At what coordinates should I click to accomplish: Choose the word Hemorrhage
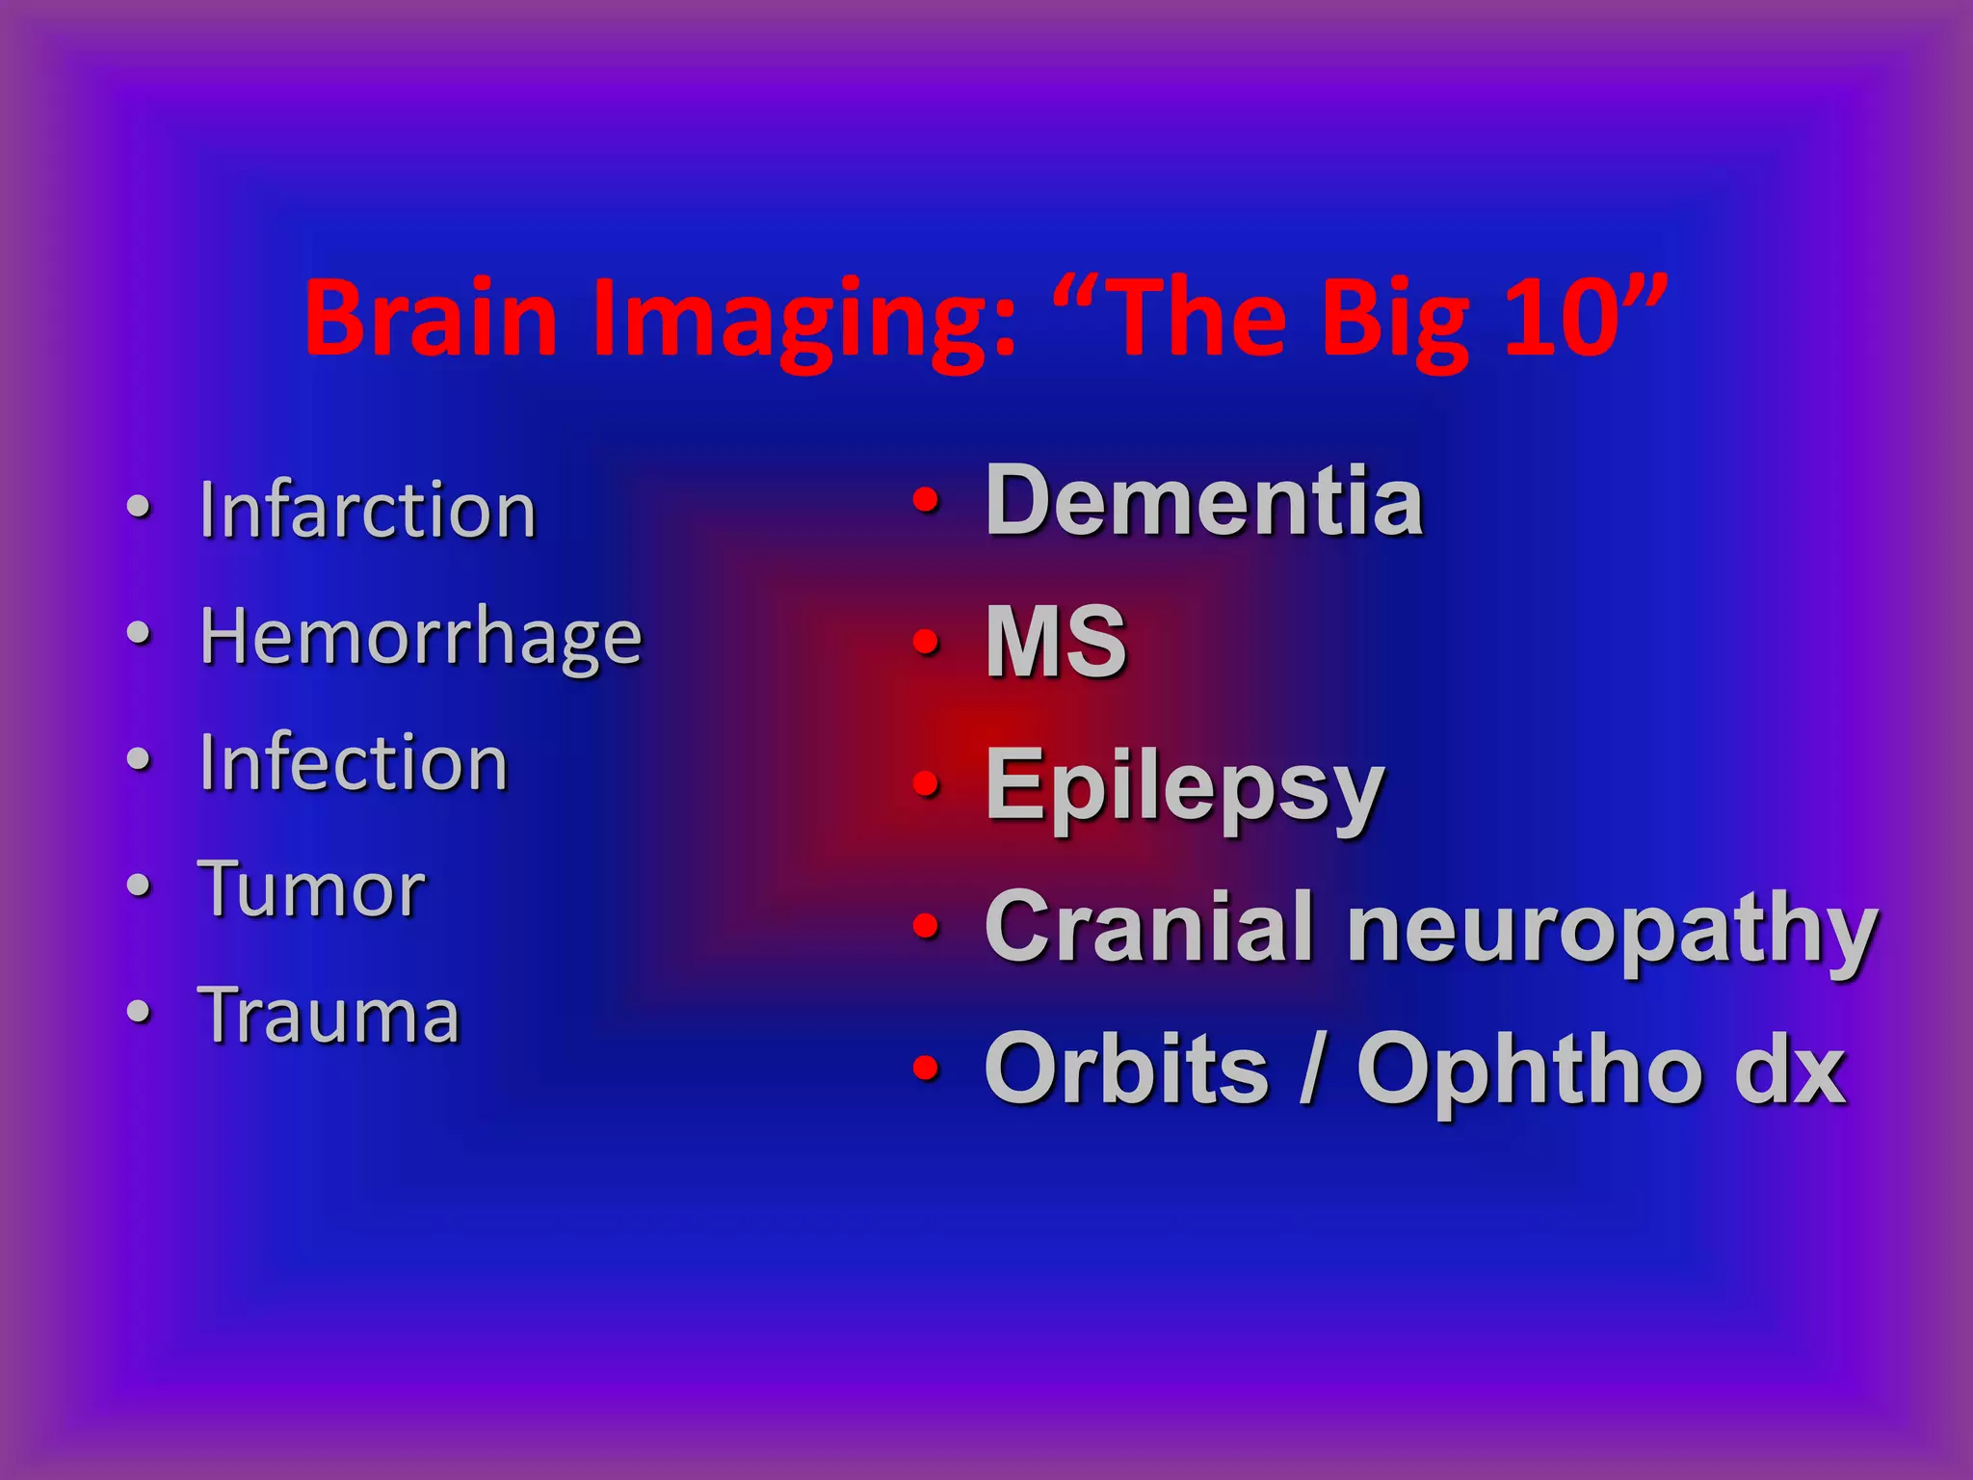click(x=421, y=638)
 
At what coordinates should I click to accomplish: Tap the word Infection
click(x=353, y=762)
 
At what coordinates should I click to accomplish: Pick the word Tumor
click(x=311, y=888)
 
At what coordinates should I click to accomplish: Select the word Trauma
click(x=329, y=1015)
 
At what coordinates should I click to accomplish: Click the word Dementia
click(x=1204, y=501)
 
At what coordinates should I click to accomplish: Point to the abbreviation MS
click(x=1056, y=642)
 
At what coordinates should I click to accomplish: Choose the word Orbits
click(x=1126, y=1069)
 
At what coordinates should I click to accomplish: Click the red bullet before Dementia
click(x=926, y=500)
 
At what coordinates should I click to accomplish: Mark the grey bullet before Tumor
click(x=140, y=885)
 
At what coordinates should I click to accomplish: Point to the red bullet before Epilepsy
click(x=926, y=783)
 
